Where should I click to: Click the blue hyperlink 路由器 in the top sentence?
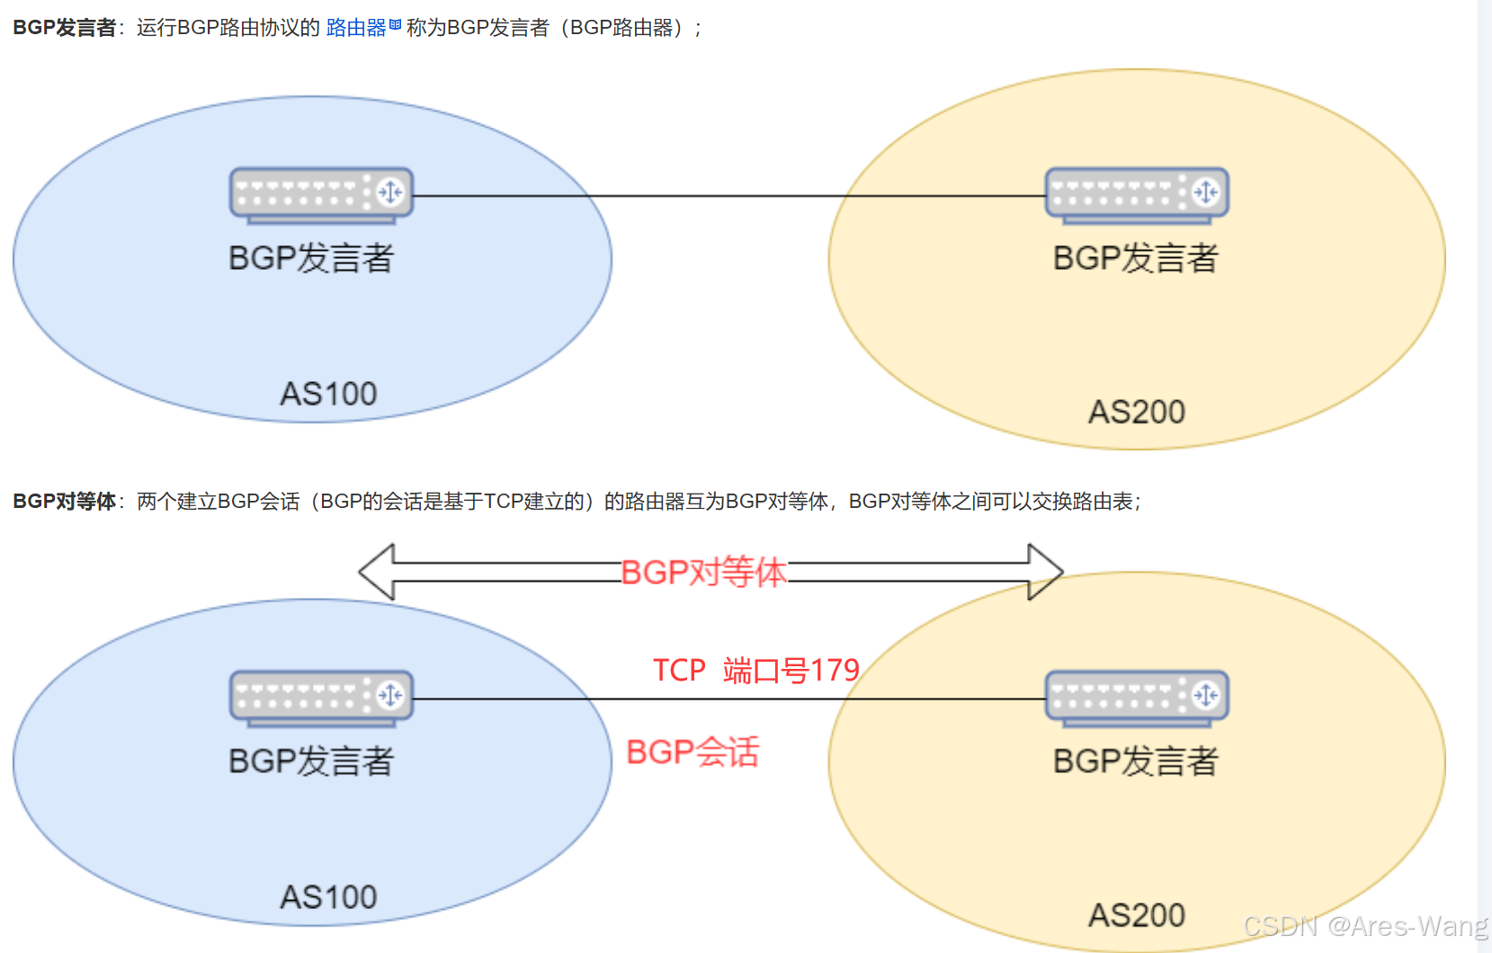pos(356,28)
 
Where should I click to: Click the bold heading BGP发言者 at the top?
pos(64,28)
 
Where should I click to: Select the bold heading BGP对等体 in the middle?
pos(64,501)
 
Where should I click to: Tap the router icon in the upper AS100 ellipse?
pos(321,193)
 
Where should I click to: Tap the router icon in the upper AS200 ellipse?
pos(1137,193)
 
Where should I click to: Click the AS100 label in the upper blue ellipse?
pos(328,394)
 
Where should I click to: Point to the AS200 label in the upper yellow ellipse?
pos(1137,412)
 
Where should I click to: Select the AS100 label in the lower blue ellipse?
pos(328,897)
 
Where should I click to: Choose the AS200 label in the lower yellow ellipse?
pos(1137,915)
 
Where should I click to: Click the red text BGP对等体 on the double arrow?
pos(703,572)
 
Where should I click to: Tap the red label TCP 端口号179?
pos(755,671)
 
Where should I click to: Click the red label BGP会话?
pos(692,753)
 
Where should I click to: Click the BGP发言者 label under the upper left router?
pos(311,258)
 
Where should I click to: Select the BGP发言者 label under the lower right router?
pos(1136,762)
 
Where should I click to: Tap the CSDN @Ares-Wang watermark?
pos(1365,926)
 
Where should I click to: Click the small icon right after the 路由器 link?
pos(395,25)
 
